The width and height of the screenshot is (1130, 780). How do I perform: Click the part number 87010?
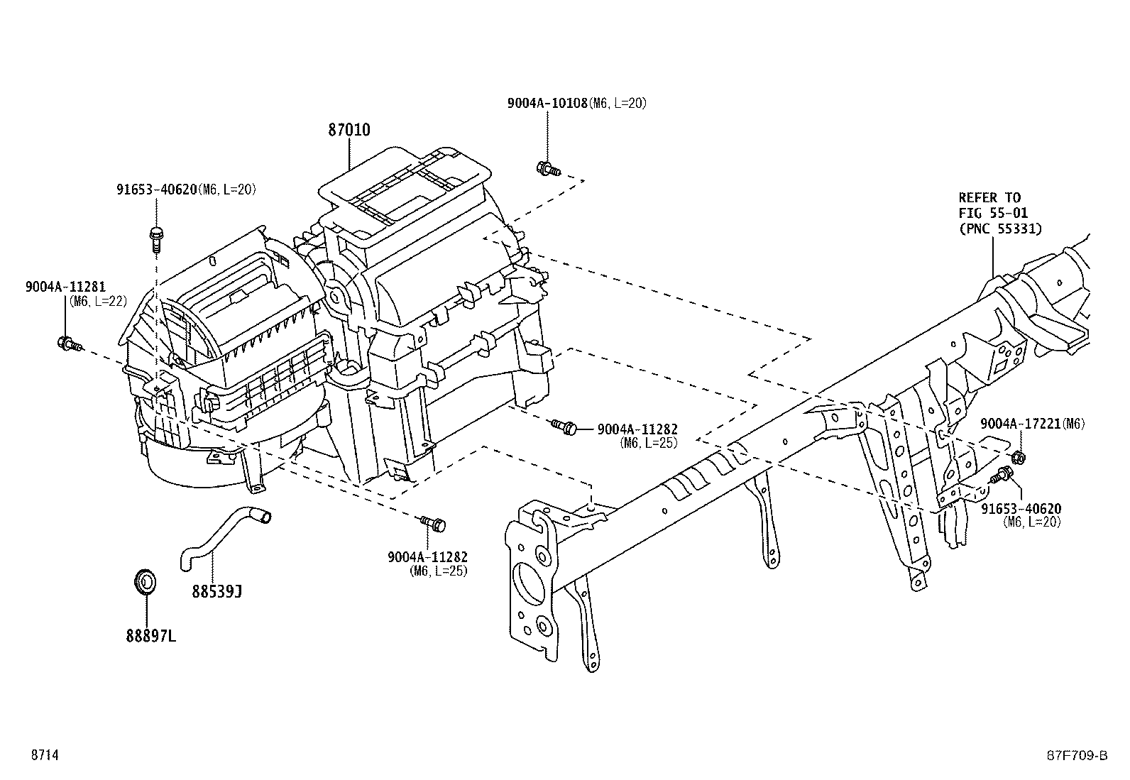349,130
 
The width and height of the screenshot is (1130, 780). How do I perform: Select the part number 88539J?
216,591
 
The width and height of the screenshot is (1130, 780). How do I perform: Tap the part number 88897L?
151,636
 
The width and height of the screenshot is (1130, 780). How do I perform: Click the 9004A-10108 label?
547,103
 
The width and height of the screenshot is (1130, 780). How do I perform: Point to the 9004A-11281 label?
65,287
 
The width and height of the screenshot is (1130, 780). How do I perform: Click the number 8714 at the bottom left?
44,755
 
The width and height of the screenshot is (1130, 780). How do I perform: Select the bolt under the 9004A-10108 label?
549,169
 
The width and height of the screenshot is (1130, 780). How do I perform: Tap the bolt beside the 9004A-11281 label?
69,344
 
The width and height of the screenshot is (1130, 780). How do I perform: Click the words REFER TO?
989,197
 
